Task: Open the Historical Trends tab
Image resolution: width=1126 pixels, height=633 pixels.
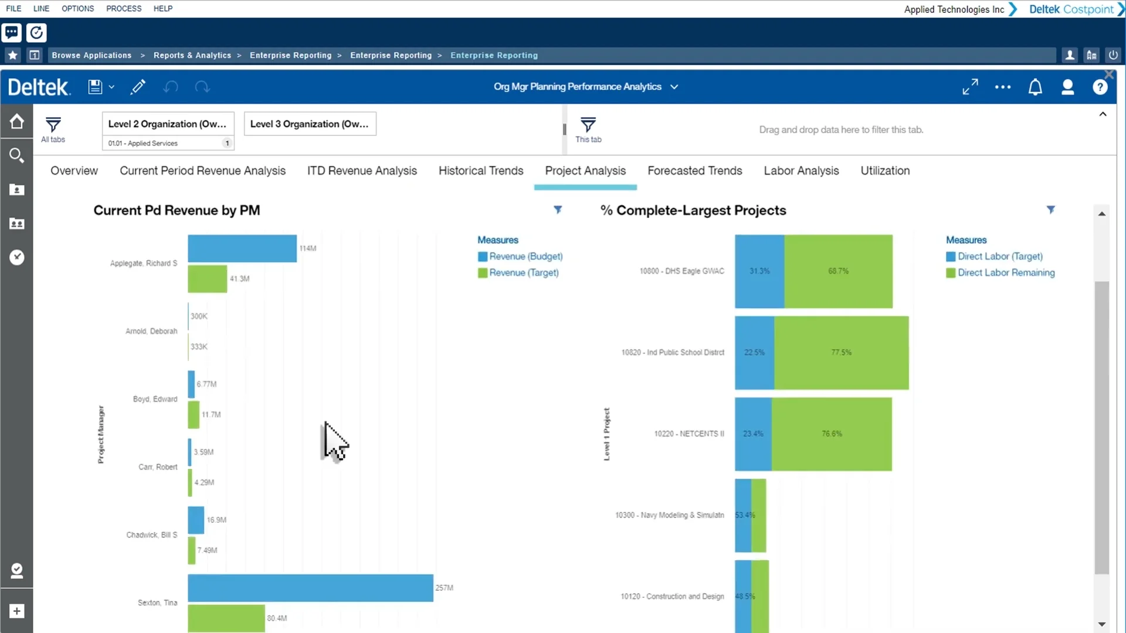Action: click(x=480, y=171)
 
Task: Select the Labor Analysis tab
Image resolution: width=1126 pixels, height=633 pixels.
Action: click(x=801, y=171)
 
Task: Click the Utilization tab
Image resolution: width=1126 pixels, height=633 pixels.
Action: click(x=884, y=171)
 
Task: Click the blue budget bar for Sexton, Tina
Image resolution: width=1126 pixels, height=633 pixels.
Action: click(x=310, y=588)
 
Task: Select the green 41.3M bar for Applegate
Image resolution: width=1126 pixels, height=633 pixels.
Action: click(x=207, y=279)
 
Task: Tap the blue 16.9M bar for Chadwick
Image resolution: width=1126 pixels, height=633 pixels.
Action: click(x=196, y=520)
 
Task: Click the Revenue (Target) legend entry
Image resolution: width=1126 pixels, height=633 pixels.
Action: click(x=523, y=273)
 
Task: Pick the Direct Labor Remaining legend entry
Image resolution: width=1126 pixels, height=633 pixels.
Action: click(x=1005, y=273)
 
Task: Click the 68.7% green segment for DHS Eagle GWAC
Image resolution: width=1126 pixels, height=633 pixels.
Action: click(x=838, y=271)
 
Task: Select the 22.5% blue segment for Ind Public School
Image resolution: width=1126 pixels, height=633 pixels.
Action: click(x=754, y=353)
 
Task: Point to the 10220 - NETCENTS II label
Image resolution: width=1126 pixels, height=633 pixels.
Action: click(x=689, y=434)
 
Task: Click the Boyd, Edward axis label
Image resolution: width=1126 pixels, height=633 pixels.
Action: click(x=155, y=399)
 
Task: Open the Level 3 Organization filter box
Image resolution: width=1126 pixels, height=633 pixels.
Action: click(x=310, y=124)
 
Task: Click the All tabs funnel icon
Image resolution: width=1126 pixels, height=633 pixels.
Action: click(x=53, y=125)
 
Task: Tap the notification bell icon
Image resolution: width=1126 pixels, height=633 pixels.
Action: click(x=1035, y=87)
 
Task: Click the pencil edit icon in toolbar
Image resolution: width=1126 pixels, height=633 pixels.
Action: click(x=138, y=87)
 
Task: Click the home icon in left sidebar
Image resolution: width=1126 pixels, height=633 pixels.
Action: click(x=16, y=121)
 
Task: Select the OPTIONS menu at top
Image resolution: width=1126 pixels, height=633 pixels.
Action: click(x=77, y=8)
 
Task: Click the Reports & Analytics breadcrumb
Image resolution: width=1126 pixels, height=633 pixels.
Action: click(x=192, y=55)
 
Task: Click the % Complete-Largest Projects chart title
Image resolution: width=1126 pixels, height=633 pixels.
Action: click(x=693, y=210)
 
